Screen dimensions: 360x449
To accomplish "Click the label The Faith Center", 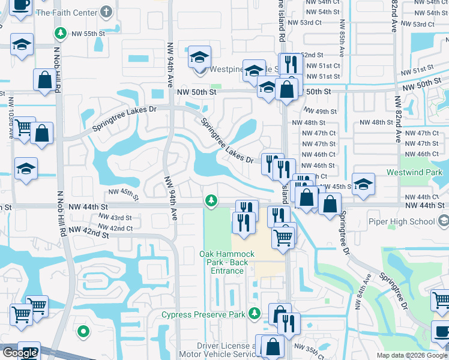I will (67, 12).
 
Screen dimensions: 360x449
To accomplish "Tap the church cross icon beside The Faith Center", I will (106, 12).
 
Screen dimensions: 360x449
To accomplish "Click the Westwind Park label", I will (421, 172).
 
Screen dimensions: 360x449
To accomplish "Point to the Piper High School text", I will (405, 221).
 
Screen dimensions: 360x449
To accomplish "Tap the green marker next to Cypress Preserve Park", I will (255, 313).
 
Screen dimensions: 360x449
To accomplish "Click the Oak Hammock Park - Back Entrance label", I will (227, 262).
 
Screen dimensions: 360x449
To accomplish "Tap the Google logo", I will (20, 353).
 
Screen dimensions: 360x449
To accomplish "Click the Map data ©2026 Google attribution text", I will (412, 355).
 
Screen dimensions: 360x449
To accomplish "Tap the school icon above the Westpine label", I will (199, 58).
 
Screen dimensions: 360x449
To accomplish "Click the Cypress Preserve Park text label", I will (204, 314).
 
